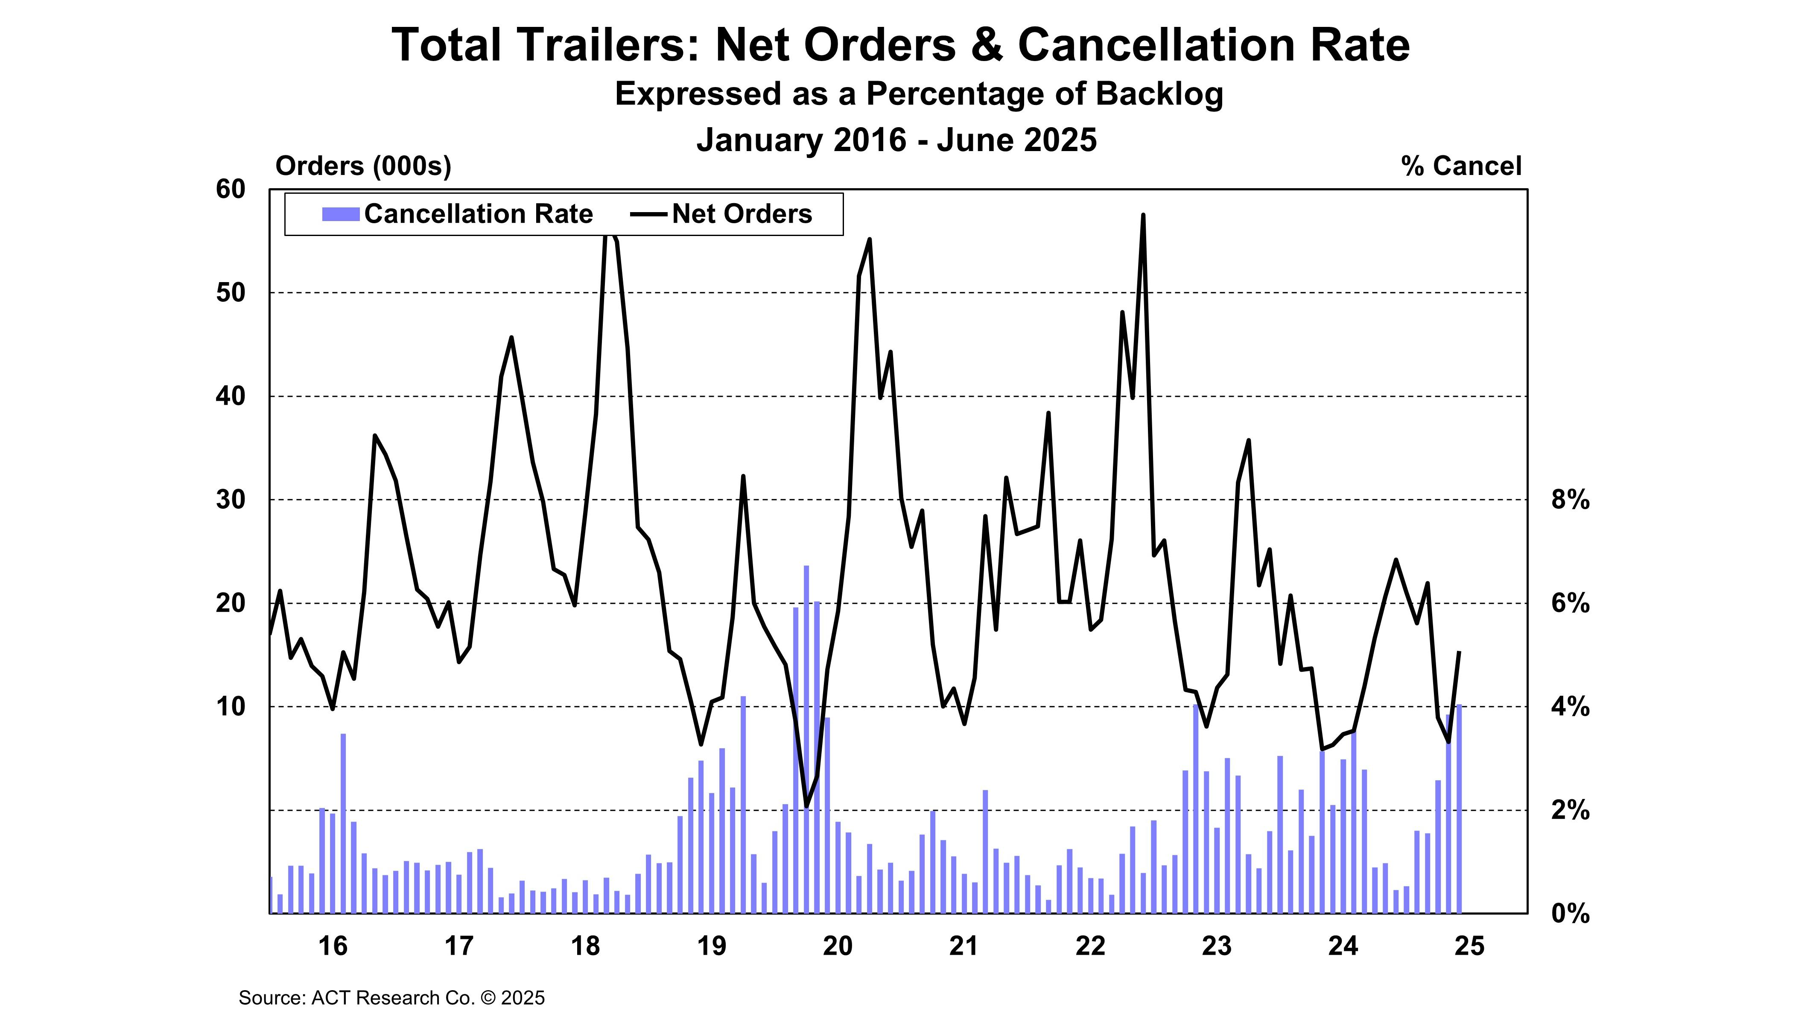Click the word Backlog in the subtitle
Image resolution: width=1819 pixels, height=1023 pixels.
[1159, 94]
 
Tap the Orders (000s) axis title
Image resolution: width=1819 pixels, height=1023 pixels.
[363, 166]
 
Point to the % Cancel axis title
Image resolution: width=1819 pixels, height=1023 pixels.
[1460, 166]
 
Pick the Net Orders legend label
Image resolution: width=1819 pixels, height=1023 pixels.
[742, 214]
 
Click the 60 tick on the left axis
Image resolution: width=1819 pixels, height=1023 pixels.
[231, 189]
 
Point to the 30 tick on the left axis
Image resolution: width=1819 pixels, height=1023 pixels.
[231, 500]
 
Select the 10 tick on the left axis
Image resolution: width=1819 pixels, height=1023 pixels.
[231, 707]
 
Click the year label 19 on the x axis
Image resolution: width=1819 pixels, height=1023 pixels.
[711, 945]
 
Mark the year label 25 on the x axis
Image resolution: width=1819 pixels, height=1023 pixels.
[1469, 945]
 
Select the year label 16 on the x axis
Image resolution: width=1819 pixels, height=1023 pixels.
[333, 945]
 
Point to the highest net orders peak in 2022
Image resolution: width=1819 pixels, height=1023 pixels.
[1142, 216]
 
